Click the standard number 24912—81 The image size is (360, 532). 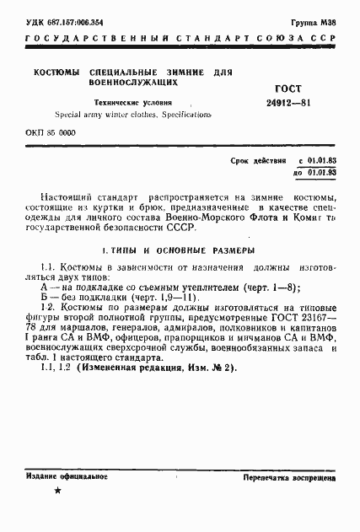click(x=296, y=104)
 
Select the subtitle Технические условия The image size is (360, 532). click(x=127, y=101)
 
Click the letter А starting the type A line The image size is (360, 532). click(x=32, y=286)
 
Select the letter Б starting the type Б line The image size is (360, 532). click(x=32, y=298)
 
